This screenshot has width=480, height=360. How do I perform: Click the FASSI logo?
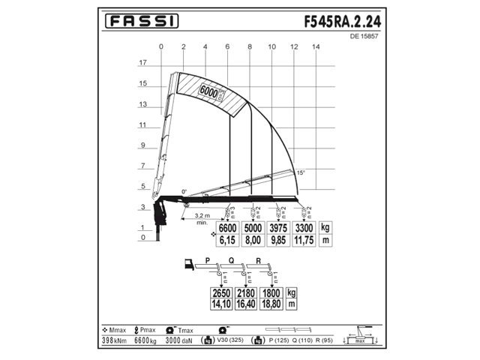coord(140,22)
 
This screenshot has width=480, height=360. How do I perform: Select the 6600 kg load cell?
coord(227,227)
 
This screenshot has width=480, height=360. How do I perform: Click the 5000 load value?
coord(253,227)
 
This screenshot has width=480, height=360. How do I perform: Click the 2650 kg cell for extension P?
coord(221,292)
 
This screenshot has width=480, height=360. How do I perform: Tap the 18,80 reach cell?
coord(271,304)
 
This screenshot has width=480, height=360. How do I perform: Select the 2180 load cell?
coord(246,292)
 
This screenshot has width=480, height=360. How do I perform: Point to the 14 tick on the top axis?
coord(316,47)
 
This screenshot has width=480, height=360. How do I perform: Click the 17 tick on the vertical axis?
coord(142,64)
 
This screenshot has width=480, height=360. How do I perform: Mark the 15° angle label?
coord(301,172)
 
